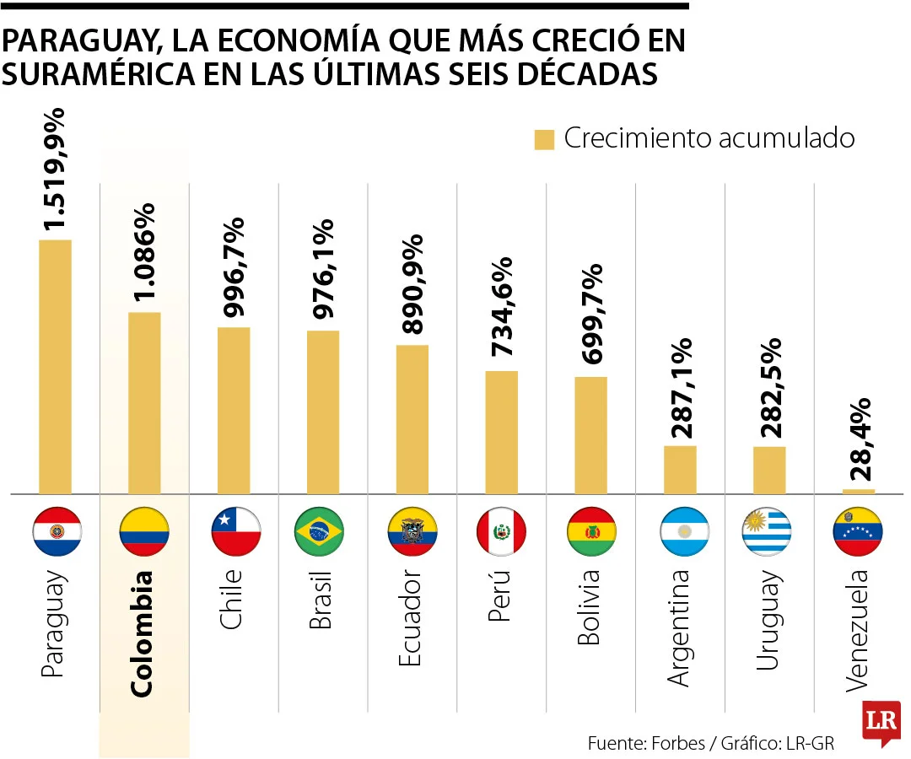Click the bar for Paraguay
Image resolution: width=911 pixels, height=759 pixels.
(x=55, y=367)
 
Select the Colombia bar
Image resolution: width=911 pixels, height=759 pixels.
(x=144, y=403)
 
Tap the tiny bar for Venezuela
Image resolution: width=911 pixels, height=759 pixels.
(x=859, y=491)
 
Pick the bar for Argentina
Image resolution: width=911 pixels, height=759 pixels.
(x=680, y=470)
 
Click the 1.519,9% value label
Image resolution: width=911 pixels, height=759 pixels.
(x=56, y=169)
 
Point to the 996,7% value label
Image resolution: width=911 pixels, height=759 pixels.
(x=234, y=266)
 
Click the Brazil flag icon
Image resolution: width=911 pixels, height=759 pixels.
(x=319, y=531)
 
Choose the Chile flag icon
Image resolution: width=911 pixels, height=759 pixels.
(x=235, y=531)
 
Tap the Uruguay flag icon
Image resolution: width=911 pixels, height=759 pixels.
(x=768, y=531)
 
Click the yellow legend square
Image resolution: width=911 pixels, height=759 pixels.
(x=544, y=140)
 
